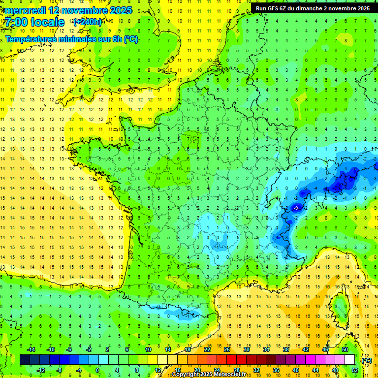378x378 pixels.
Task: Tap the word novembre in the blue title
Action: (x=86, y=10)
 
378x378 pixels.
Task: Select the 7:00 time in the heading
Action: (x=16, y=22)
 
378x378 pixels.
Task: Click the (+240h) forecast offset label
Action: (x=88, y=22)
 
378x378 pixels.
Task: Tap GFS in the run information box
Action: (x=274, y=8)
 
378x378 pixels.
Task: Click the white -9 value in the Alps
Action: (x=296, y=208)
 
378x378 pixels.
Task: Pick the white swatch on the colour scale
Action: (x=349, y=360)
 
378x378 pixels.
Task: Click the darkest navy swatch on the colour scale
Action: (x=25, y=360)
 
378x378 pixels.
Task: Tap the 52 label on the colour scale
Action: (x=354, y=370)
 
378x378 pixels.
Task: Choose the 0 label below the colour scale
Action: (x=97, y=370)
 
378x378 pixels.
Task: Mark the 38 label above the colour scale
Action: (x=285, y=349)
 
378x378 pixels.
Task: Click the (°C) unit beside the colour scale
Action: (x=366, y=360)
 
